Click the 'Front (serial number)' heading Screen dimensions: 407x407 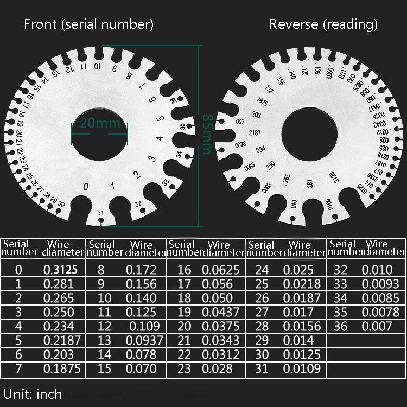click(x=88, y=24)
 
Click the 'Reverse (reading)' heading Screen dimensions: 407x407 click(x=323, y=24)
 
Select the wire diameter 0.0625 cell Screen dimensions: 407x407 click(x=220, y=270)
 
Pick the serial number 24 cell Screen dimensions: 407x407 click(x=261, y=270)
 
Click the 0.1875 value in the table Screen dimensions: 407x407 click(x=62, y=368)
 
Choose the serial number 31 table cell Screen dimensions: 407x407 click(x=261, y=368)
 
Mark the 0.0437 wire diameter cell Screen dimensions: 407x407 click(x=220, y=312)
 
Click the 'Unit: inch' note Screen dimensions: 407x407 click(x=33, y=393)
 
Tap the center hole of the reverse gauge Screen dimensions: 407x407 click(x=308, y=137)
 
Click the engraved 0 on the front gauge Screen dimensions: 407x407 click(x=85, y=187)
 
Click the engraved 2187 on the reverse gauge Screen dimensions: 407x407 click(x=254, y=133)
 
